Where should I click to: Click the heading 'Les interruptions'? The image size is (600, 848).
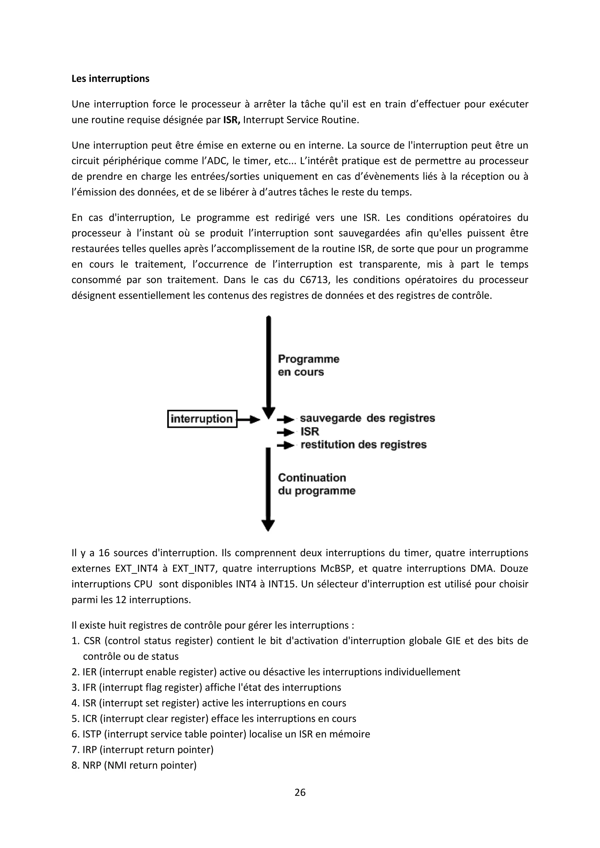click(110, 79)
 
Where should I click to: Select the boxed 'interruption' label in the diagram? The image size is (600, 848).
click(202, 419)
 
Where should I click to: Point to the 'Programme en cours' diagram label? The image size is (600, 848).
click(308, 365)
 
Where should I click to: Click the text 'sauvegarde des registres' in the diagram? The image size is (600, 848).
click(367, 418)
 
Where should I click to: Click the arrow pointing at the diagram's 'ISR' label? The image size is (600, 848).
click(286, 432)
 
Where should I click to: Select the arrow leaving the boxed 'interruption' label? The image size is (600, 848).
click(249, 420)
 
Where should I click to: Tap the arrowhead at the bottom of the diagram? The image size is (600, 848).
click(268, 525)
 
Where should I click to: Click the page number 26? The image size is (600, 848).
click(300, 792)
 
